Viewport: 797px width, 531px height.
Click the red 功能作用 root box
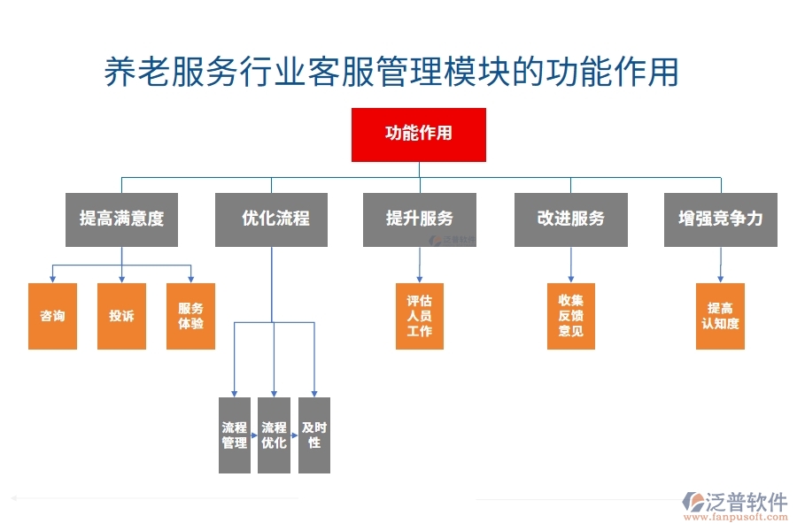[x=418, y=135]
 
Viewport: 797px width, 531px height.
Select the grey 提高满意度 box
[x=121, y=219]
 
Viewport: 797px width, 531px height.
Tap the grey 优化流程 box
[x=272, y=219]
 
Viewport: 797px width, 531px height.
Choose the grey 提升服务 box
[x=419, y=219]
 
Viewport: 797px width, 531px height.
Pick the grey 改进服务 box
[x=570, y=219]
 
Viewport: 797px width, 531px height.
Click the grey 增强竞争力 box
[x=720, y=219]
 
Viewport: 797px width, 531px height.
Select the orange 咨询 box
[x=52, y=316]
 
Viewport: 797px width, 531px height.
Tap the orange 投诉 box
[x=121, y=316]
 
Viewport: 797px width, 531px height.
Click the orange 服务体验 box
[x=190, y=316]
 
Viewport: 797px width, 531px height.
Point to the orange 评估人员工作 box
[x=419, y=316]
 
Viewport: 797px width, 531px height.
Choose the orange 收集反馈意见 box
[x=570, y=316]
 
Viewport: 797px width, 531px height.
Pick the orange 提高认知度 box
[x=720, y=316]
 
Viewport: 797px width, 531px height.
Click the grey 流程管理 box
[x=235, y=435]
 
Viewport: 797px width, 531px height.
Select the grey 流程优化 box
[x=274, y=435]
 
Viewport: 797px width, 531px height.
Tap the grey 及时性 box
[x=314, y=435]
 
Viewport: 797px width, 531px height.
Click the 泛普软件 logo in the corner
[x=735, y=502]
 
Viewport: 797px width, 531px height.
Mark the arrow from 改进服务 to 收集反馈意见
[x=570, y=265]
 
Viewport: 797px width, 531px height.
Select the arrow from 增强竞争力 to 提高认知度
[x=720, y=265]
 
